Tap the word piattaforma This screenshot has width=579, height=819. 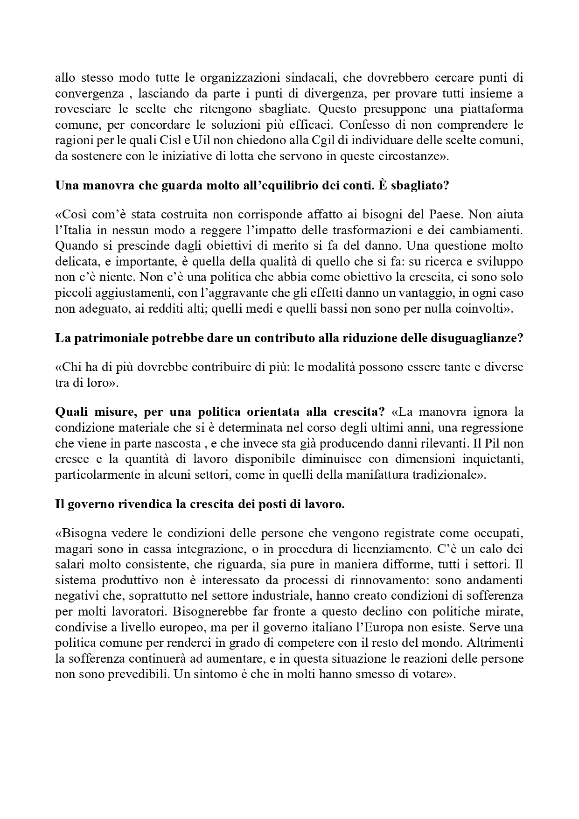(493, 109)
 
